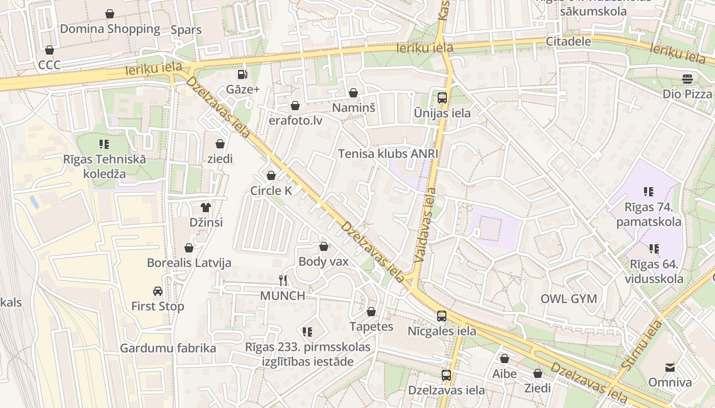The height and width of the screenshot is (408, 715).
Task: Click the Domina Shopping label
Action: (110, 29)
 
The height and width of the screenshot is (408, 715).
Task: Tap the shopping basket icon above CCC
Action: (50, 50)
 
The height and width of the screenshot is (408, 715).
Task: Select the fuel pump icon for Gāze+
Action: (243, 74)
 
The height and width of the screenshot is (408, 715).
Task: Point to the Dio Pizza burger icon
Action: (687, 79)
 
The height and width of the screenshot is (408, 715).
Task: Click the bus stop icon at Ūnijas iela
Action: (442, 98)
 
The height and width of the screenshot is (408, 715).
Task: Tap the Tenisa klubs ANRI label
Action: (388, 154)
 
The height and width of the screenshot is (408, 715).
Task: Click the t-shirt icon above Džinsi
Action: (206, 207)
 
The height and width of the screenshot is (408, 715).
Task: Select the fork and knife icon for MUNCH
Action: (283, 280)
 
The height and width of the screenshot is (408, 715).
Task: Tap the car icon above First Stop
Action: (158, 291)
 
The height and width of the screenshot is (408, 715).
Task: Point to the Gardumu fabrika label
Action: (168, 348)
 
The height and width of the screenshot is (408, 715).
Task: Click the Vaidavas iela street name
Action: (426, 225)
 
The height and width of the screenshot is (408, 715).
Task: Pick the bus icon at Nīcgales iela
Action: (442, 316)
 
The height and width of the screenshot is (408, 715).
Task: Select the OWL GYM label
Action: (568, 299)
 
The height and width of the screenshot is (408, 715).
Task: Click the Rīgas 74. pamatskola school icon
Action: (648, 192)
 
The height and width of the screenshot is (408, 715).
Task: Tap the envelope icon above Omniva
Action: (670, 367)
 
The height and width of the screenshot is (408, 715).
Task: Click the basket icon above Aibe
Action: (505, 359)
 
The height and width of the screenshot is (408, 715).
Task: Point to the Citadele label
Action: (568, 41)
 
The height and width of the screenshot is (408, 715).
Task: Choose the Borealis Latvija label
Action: (189, 263)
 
